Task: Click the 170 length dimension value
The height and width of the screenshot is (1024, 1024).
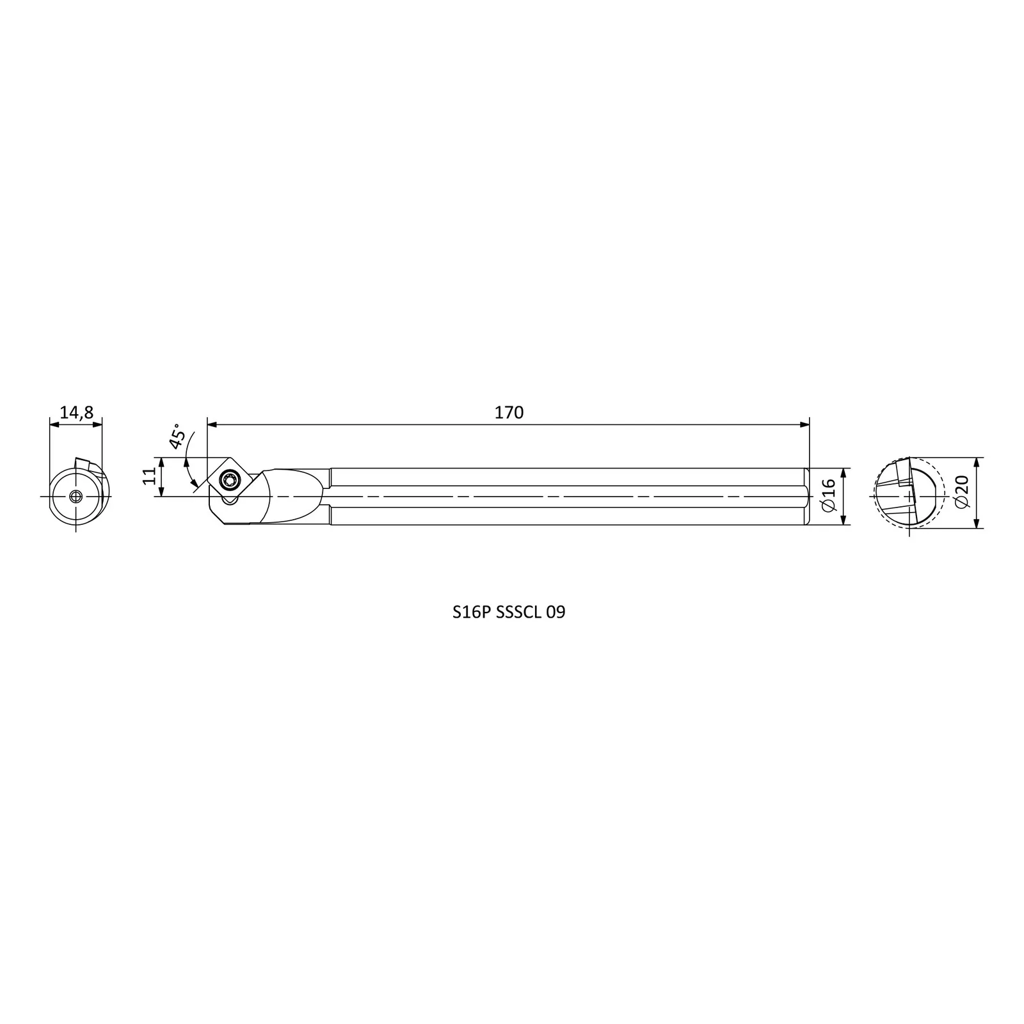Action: [509, 413]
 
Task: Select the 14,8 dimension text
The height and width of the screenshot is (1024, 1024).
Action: [76, 413]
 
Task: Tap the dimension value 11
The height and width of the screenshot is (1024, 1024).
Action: [149, 476]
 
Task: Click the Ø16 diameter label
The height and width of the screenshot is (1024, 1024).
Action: [828, 496]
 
